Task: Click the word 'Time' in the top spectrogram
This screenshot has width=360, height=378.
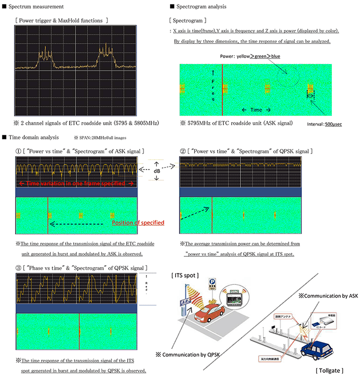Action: click(255, 109)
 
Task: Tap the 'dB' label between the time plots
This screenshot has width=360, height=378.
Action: click(156, 171)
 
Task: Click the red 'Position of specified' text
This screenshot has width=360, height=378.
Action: click(138, 223)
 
